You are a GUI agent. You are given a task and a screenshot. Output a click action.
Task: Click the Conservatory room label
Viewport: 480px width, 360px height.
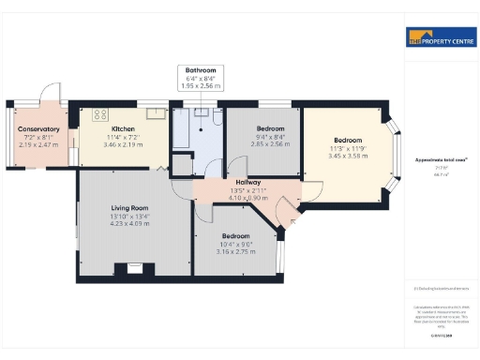(38, 129)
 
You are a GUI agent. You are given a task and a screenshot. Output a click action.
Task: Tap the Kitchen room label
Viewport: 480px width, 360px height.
(123, 129)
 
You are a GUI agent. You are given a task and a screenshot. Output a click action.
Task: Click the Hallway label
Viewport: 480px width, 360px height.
(248, 182)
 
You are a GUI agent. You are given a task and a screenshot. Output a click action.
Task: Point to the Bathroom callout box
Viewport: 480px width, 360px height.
(200, 78)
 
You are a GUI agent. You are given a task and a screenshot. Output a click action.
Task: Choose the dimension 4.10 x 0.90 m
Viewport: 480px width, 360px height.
(248, 198)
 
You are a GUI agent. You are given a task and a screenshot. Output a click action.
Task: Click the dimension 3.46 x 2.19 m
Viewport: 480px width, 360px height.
(123, 145)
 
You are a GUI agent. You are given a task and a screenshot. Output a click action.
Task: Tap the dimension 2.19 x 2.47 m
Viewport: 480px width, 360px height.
(38, 145)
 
